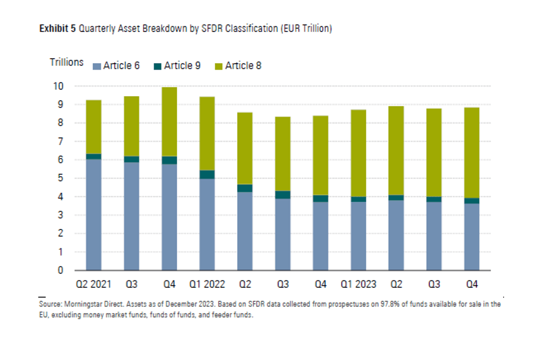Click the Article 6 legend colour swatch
pos(97,66)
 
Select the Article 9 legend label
pos(182,65)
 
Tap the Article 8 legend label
pos(243,65)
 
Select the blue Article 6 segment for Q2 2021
pos(94,214)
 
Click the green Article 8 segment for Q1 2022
pos(207,133)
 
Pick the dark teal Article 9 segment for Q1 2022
pos(207,175)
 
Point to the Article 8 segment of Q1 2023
pos(358,153)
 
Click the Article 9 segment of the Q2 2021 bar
pos(94,156)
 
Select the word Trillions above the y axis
pos(67,63)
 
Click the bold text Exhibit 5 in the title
pos(57,29)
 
